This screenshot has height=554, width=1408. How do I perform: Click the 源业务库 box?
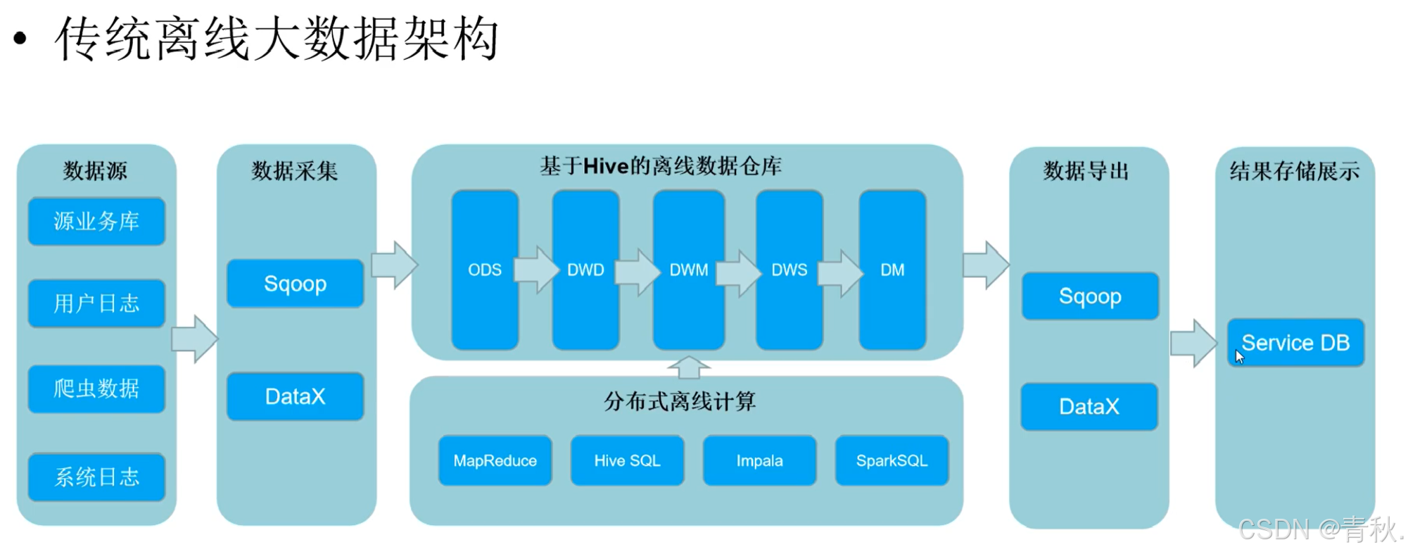coord(96,222)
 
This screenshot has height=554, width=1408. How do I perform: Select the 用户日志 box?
coord(96,303)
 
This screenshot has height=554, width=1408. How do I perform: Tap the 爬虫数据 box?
coord(96,389)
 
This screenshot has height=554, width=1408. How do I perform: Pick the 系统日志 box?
coord(96,477)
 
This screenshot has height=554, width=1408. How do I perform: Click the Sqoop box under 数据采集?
coord(295,284)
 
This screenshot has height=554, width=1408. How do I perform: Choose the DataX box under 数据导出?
coord(1089,406)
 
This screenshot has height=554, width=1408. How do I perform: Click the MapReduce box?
coord(495,461)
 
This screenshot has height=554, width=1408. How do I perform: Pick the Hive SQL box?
coord(627,461)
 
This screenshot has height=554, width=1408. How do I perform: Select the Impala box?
coord(759,461)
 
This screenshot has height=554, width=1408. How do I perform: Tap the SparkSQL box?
coord(892,461)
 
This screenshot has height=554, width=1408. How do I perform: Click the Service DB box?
coord(1295,343)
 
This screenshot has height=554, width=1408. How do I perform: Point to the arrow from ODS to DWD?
coord(535,270)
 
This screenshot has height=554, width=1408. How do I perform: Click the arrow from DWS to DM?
coord(841,271)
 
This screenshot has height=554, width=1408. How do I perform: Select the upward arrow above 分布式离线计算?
coord(688,367)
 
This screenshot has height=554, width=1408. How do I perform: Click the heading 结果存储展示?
coord(1294,171)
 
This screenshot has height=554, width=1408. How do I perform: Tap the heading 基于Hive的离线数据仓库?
coord(661,166)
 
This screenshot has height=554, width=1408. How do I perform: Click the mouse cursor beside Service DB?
coord(1239,357)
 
